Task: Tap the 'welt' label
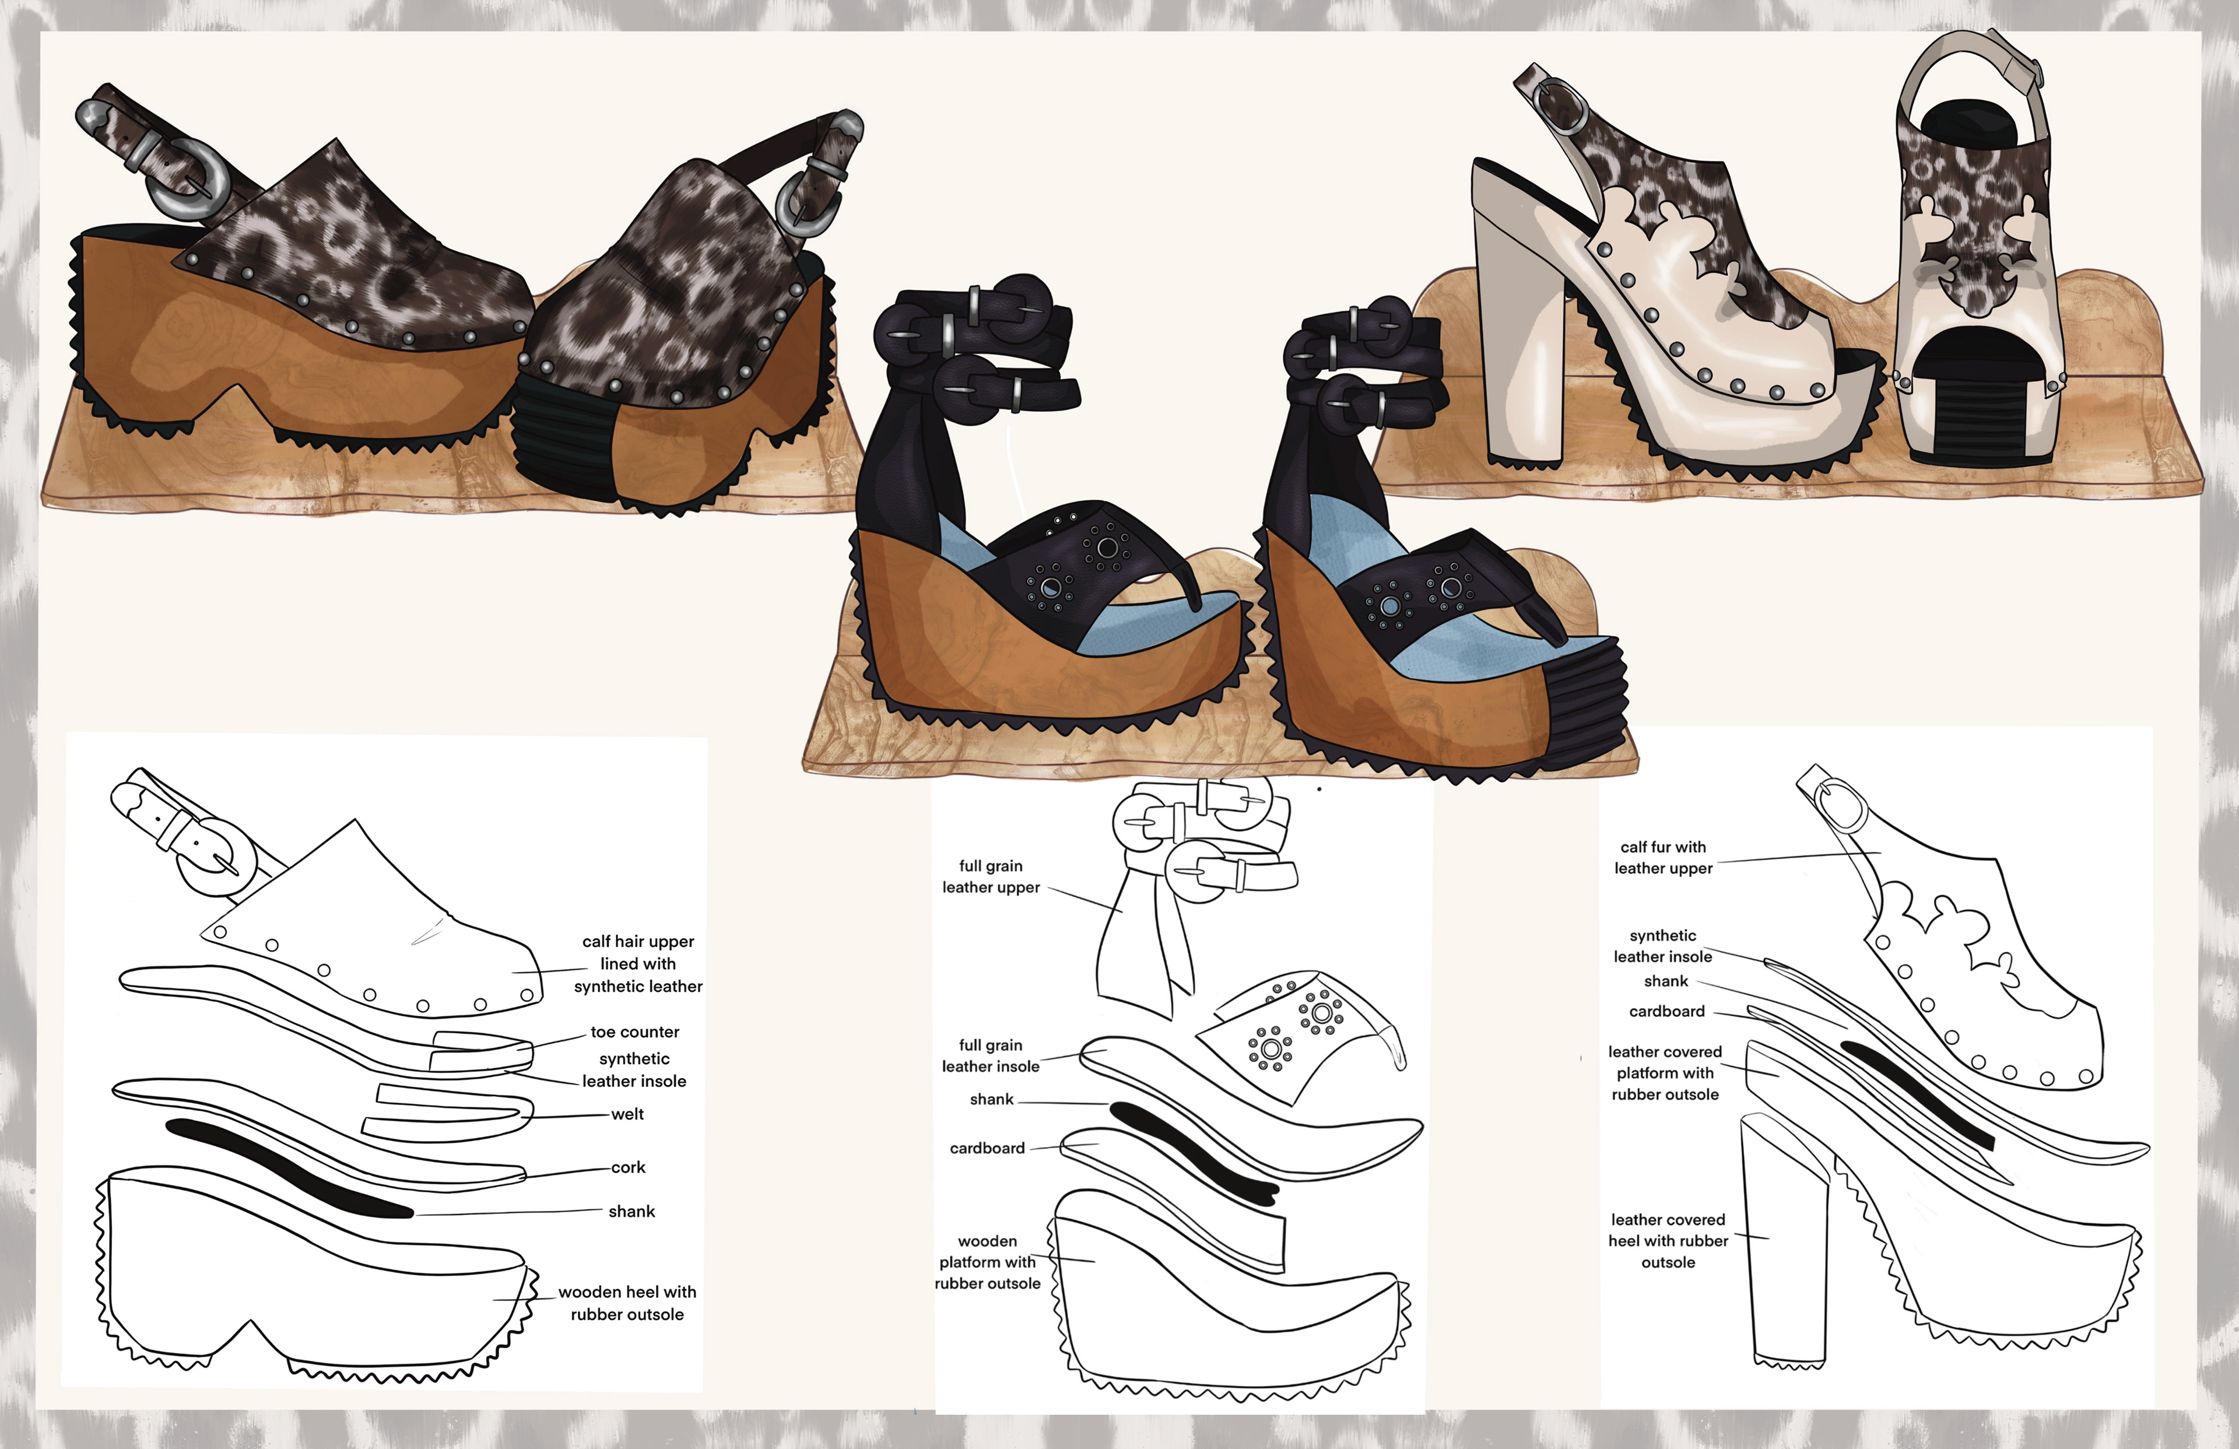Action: [627, 1115]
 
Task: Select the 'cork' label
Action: [629, 1168]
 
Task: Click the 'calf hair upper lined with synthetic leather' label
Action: [638, 963]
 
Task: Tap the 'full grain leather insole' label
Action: [991, 1055]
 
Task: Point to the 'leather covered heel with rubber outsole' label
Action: [1668, 1241]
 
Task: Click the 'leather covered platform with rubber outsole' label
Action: [1665, 1073]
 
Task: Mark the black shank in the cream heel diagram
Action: [1919, 1096]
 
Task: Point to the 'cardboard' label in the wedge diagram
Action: [987, 1149]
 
